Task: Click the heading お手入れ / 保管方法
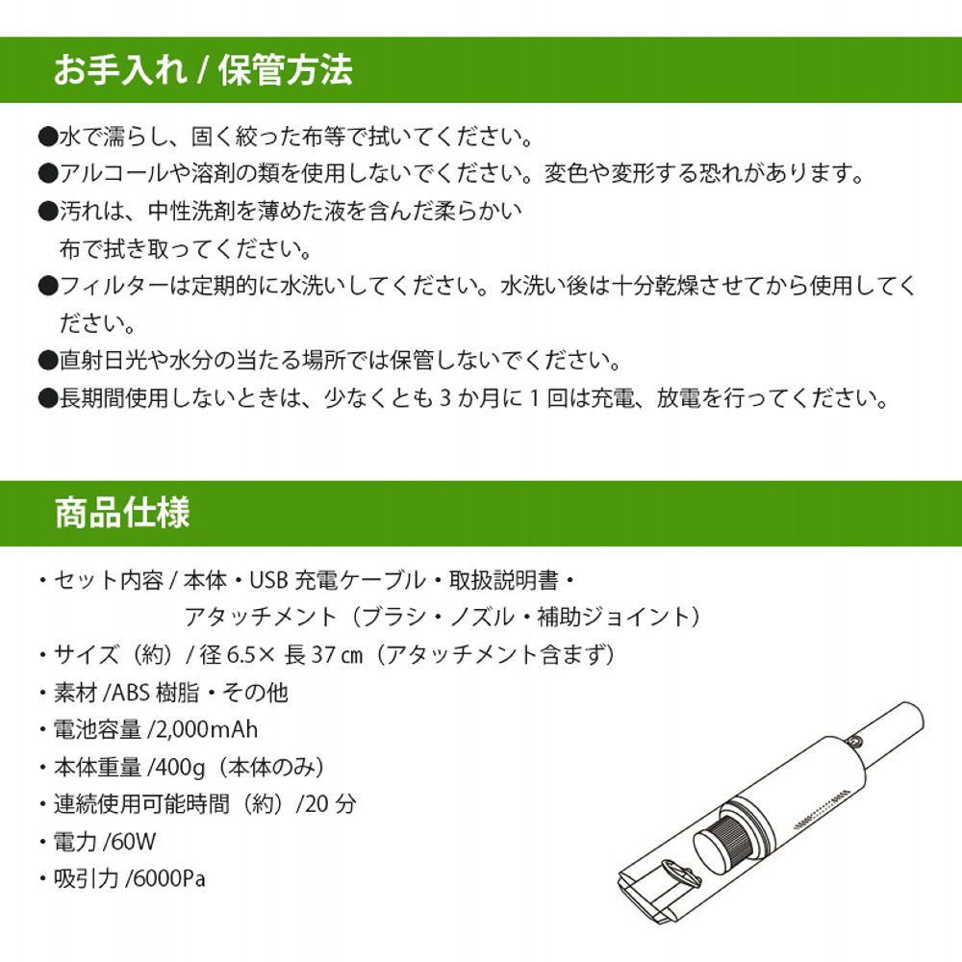pyautogui.click(x=202, y=70)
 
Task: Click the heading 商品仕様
pyautogui.click(x=122, y=512)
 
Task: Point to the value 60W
pyautogui.click(x=134, y=842)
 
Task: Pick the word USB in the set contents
pyautogui.click(x=269, y=580)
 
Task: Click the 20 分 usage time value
pyautogui.click(x=329, y=803)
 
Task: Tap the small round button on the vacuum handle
pyautogui.click(x=856, y=741)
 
